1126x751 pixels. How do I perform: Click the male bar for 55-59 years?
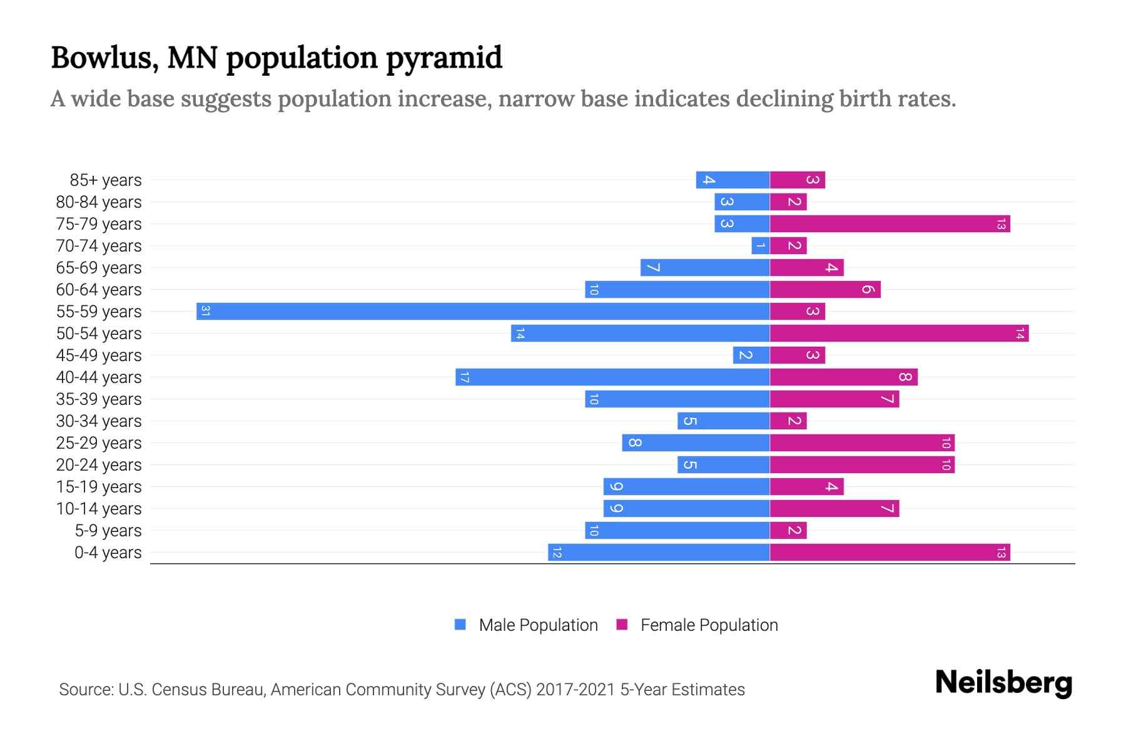click(483, 311)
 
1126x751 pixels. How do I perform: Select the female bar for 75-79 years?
click(890, 223)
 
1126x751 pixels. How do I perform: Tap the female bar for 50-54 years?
click(899, 333)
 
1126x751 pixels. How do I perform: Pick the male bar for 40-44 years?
click(612, 377)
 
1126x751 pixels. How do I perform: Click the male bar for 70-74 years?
click(760, 245)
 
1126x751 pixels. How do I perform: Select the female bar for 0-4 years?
click(890, 552)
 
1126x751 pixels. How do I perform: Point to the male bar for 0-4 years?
click(659, 552)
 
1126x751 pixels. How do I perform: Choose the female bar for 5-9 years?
click(788, 530)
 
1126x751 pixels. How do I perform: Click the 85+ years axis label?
click(106, 180)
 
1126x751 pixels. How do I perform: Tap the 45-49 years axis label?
click(99, 355)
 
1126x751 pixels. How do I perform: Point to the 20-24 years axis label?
click(99, 465)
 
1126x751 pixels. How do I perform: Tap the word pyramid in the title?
click(444, 58)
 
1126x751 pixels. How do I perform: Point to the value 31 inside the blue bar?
click(205, 311)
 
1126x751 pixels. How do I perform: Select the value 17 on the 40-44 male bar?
click(464, 377)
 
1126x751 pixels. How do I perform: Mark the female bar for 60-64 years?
click(825, 289)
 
